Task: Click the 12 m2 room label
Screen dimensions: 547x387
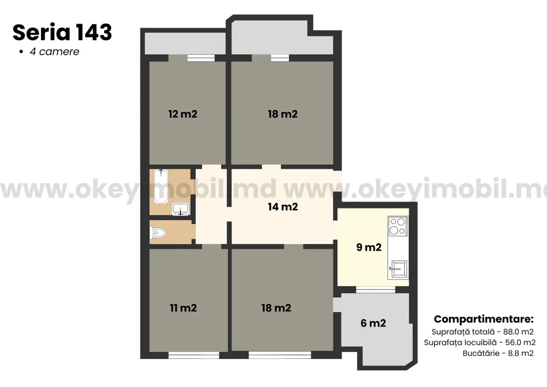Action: click(183, 114)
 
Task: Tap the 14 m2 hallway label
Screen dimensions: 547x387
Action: click(283, 207)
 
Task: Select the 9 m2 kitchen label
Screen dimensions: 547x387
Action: click(369, 248)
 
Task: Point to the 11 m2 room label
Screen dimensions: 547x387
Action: click(183, 308)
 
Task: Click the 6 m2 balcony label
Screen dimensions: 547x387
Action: click(373, 323)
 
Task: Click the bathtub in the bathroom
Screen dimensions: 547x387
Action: click(161, 186)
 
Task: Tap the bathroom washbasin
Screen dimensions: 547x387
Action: click(180, 209)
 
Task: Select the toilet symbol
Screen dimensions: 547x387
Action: click(158, 232)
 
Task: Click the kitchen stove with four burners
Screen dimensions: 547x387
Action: click(398, 226)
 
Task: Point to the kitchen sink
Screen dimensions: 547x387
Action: click(398, 270)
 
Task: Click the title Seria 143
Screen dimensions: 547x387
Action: click(62, 32)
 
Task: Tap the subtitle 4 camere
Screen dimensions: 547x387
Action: click(55, 52)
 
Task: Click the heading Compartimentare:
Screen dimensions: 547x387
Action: click(484, 319)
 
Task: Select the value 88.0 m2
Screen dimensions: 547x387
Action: click(518, 332)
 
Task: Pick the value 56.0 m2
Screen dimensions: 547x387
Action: click(520, 343)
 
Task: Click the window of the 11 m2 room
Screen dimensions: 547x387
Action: click(194, 355)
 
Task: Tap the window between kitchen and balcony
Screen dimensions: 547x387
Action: click(376, 290)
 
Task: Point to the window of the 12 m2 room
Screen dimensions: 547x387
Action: click(201, 58)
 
